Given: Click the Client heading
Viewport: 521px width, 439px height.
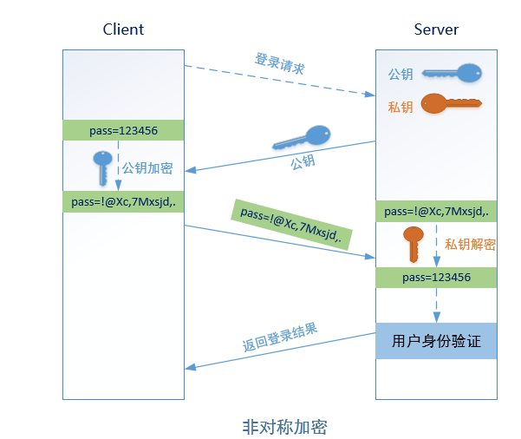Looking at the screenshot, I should (123, 29).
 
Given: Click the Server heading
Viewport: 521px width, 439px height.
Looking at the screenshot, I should (436, 29).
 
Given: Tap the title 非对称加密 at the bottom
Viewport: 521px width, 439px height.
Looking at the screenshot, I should (284, 427).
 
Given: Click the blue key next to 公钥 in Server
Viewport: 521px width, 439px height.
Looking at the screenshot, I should (455, 73).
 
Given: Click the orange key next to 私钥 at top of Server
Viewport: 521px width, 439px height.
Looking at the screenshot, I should (451, 105).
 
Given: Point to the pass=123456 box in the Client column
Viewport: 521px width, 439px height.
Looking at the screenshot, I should (123, 130).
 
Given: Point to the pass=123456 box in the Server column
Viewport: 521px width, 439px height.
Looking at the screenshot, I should (436, 278).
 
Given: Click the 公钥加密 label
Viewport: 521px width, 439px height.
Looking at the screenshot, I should (147, 167).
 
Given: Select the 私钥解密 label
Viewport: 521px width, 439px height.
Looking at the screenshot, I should (470, 245).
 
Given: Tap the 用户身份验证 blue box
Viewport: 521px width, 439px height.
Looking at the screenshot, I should (436, 341).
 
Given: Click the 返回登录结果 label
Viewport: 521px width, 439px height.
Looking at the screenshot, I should (279, 337).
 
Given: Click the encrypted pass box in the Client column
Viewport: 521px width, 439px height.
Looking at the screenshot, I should (123, 202).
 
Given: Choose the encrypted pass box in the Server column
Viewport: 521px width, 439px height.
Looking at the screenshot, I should (436, 212).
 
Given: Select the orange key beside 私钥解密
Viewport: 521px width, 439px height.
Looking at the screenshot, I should (414, 242).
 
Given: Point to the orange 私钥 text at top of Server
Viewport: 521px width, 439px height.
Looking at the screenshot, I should (401, 107).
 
